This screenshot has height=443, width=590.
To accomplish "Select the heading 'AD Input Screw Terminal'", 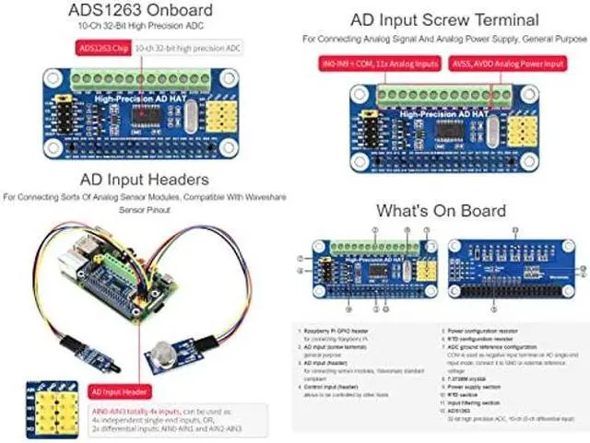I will coord(444,20).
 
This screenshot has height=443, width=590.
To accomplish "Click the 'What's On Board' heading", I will coord(441,211).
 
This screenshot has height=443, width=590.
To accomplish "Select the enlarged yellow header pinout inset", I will coord(29,406).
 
